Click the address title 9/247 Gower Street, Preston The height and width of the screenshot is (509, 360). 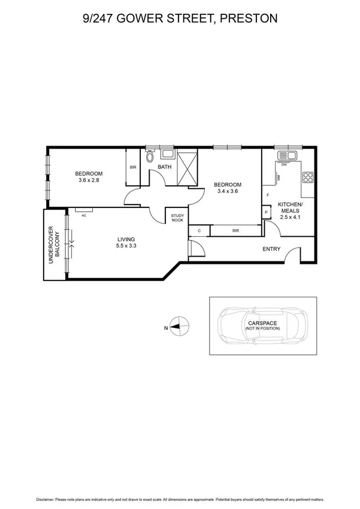tap(180, 19)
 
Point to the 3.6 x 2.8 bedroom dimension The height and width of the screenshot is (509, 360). tap(90, 180)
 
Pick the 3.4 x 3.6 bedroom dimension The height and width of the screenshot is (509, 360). tap(228, 192)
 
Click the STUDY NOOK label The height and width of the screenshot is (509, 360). tap(177, 218)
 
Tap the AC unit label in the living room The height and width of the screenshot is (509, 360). tap(84, 215)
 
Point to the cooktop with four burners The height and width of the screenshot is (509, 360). tap(308, 177)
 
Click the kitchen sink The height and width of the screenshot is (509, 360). tap(286, 156)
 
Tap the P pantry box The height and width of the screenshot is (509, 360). tap(265, 212)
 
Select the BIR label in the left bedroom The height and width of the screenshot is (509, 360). tap(133, 167)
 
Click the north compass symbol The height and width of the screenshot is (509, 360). tap(179, 327)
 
